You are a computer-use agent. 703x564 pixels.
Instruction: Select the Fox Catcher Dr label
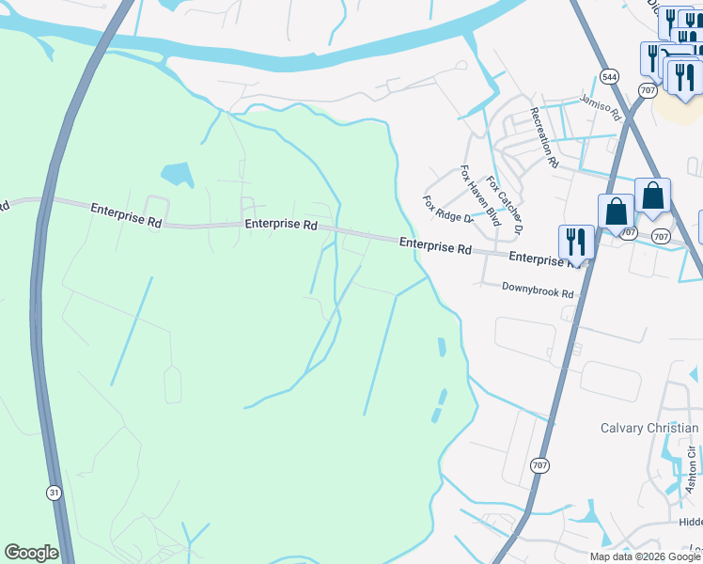tap(504, 204)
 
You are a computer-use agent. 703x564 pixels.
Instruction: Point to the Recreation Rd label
tap(544, 137)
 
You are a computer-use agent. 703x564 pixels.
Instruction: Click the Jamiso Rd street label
tap(601, 107)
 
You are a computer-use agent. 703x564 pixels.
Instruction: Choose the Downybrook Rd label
tap(537, 292)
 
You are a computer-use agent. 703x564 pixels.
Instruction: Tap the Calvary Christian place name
tap(649, 429)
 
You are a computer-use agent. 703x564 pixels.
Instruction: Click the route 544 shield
tap(610, 76)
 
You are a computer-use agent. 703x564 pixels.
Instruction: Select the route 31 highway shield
tap(53, 493)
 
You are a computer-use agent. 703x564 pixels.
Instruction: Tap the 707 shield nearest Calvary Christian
tap(539, 464)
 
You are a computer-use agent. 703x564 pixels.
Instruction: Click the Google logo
tap(31, 553)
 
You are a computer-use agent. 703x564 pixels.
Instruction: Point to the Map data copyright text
tap(645, 556)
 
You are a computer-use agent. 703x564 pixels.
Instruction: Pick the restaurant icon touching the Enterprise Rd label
tap(575, 243)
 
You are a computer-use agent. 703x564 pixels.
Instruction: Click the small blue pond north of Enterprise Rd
tap(177, 174)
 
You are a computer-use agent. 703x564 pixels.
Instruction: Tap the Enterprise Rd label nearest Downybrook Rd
tap(540, 258)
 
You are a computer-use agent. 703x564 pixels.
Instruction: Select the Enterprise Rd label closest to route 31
tap(126, 211)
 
